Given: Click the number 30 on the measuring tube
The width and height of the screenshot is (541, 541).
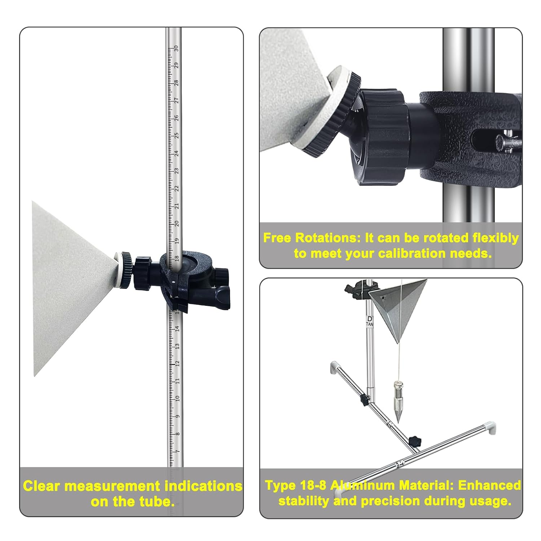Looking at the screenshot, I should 176,48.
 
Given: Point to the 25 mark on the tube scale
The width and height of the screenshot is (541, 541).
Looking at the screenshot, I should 176,136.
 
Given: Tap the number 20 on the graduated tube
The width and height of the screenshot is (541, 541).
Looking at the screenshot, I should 177,224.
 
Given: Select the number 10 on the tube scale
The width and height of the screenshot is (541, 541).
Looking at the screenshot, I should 177,399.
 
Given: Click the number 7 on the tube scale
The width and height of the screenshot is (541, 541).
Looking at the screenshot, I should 177,452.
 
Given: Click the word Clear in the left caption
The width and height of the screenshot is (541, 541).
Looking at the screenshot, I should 41,486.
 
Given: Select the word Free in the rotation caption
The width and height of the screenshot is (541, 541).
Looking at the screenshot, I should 277,238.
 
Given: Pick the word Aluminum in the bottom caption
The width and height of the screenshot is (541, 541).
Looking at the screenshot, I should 363,485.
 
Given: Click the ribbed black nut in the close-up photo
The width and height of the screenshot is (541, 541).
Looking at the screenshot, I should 382,137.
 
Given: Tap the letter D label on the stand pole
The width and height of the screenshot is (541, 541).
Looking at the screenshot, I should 369,319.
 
